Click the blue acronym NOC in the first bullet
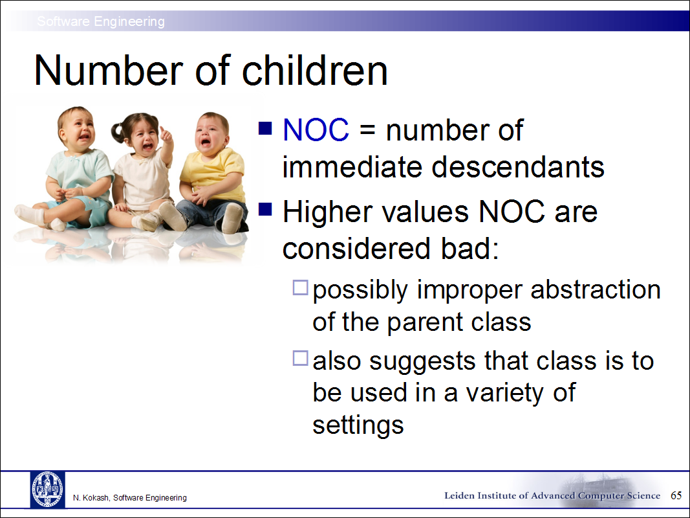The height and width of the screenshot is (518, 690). coord(316,130)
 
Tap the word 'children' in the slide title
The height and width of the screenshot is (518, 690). coord(315,71)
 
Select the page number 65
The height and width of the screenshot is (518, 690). coord(676,495)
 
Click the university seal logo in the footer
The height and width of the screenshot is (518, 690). coord(47,490)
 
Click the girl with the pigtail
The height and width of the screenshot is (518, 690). coord(141,170)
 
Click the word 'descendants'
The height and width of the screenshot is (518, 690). coord(518,167)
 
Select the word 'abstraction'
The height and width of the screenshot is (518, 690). coord(596,290)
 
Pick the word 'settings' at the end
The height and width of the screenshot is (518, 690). coord(358,425)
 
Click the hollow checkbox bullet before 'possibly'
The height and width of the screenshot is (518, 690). coord(300,287)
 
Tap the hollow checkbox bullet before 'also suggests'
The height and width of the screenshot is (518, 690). coord(300,358)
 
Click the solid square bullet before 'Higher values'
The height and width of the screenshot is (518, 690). coord(265,208)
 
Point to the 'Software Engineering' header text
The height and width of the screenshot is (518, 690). coord(101,21)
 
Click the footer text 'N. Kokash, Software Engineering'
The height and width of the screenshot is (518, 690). coord(130,498)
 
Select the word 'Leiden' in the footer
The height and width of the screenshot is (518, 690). coord(459,495)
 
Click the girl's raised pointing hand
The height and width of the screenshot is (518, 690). coord(166,134)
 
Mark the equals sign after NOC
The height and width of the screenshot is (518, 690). coord(367,131)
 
